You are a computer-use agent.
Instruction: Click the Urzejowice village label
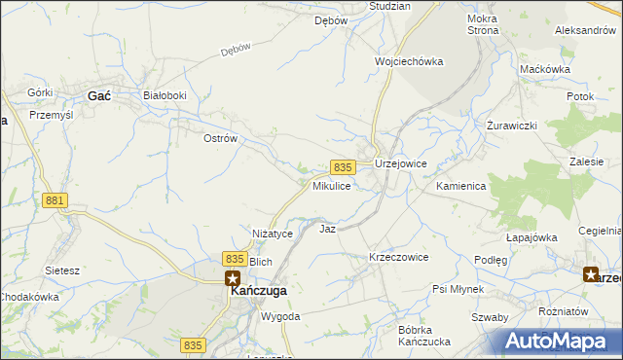401,164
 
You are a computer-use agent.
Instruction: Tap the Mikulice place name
332,185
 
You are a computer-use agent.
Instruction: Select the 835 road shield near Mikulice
341,167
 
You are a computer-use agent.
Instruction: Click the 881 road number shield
55,200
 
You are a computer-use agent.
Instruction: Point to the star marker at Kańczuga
234,276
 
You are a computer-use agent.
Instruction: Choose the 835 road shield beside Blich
234,258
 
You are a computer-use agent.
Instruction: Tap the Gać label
99,95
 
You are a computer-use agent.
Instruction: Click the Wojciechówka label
409,61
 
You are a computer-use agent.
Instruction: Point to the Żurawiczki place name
512,127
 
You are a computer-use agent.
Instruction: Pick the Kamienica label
461,185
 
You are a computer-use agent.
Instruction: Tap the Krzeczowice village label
398,257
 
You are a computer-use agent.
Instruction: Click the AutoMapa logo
562,342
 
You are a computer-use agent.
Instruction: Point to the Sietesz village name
62,270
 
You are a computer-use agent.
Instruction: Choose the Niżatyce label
273,234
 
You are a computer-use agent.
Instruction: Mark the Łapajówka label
531,237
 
